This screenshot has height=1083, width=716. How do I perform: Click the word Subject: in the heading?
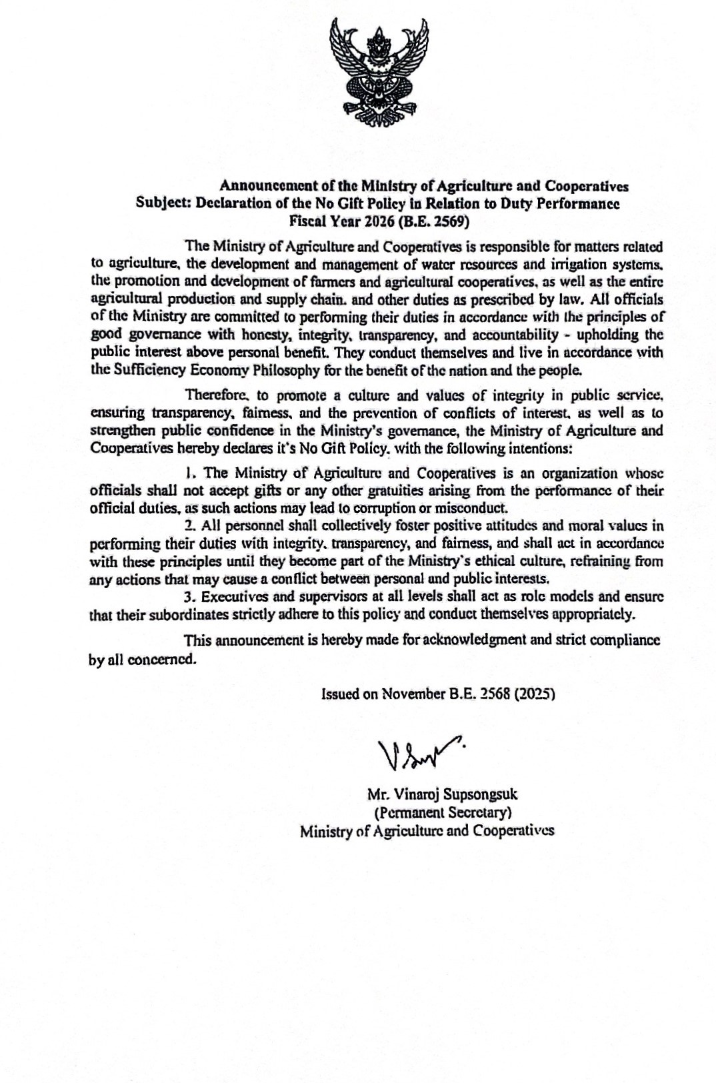[x=163, y=203]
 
